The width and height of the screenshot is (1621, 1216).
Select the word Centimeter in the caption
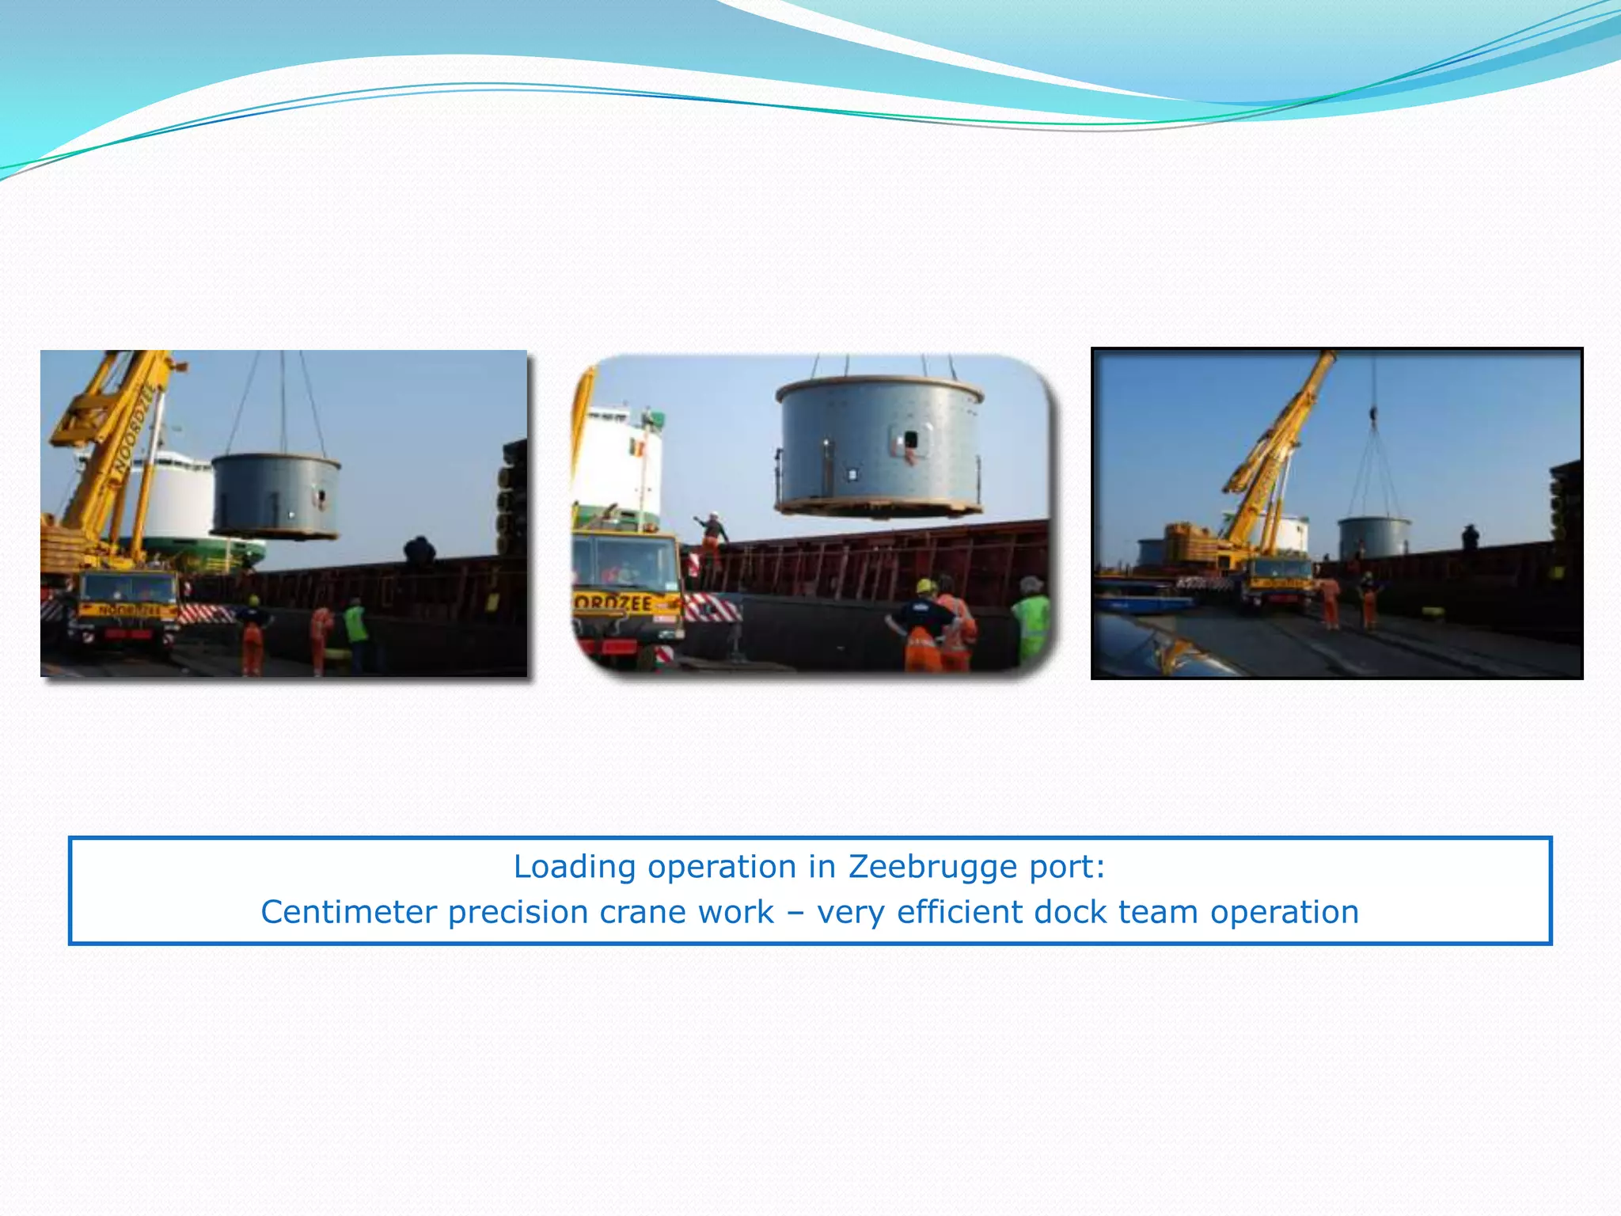(349, 912)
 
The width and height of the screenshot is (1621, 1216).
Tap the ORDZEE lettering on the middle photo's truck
(613, 602)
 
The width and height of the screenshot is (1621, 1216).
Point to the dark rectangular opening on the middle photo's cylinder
(910, 439)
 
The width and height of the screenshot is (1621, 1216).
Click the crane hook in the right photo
(1373, 412)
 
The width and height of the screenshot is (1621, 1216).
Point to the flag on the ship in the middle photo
(636, 448)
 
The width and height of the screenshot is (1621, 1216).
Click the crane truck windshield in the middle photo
(624, 563)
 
